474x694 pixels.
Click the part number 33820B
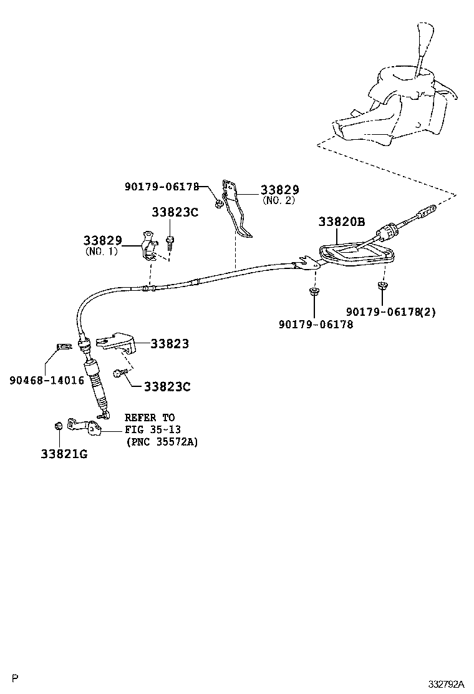coord(341,222)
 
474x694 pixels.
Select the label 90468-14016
coord(47,379)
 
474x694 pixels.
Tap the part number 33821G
coord(64,454)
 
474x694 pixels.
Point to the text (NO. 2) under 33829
coord(278,201)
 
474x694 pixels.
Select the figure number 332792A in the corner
coord(446,683)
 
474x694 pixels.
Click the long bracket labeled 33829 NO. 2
coord(236,212)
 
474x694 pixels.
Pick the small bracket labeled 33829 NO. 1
coord(150,247)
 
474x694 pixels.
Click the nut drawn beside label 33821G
coord(57,426)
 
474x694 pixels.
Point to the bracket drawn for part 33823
coord(120,342)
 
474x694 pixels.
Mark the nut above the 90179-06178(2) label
coord(382,286)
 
